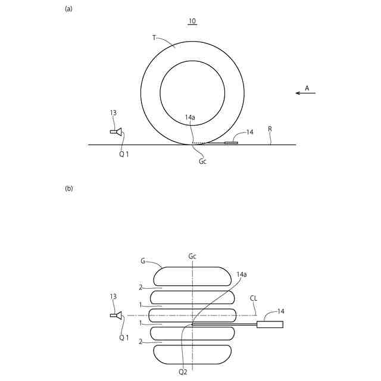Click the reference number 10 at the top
(x=192, y=21)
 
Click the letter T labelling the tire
(x=154, y=38)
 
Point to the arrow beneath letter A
(x=305, y=93)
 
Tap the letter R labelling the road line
(x=270, y=129)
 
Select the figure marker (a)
(x=68, y=9)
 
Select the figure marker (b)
(x=69, y=188)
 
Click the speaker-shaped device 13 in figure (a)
(x=115, y=132)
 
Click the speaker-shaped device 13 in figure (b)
(x=115, y=316)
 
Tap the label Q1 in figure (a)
(x=124, y=154)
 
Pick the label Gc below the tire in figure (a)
(x=202, y=161)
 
